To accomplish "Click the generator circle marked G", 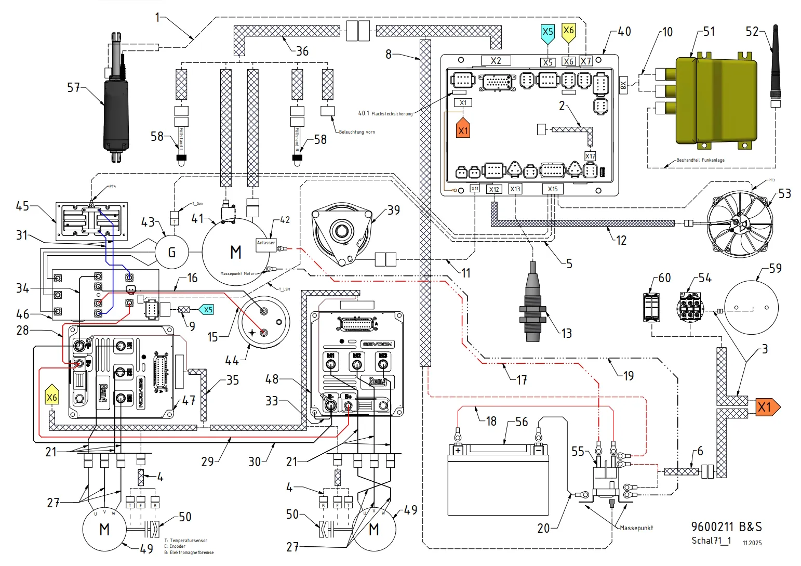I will click(171, 253).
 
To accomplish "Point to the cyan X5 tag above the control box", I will click(548, 33).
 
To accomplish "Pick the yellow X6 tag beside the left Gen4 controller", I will click(52, 398).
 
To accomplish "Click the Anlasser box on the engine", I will click(265, 243).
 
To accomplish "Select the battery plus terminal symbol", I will click(458, 450).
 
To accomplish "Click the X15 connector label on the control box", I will click(553, 189).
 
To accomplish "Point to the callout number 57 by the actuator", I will click(74, 87).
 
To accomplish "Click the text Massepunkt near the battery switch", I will click(636, 528).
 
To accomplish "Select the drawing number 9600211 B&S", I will click(726, 527).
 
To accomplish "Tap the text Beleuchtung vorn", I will click(357, 132).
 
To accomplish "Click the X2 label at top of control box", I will click(496, 61).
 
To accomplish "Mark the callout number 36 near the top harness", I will click(302, 51).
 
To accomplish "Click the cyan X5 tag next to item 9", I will click(207, 310).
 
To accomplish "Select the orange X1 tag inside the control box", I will click(463, 129).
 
